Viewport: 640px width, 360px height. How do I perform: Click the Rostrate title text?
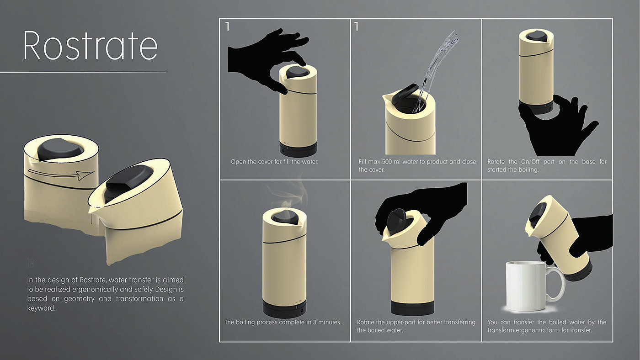coord(91,46)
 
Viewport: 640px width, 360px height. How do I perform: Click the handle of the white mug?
coord(557,284)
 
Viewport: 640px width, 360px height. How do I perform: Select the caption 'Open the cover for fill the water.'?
coord(275,162)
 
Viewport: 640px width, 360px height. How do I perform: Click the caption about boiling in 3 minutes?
coord(283,323)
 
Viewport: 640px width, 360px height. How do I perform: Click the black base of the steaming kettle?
coord(284,308)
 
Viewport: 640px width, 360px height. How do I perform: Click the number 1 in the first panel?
coord(228,26)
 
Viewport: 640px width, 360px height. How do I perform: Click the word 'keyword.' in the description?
coord(41,308)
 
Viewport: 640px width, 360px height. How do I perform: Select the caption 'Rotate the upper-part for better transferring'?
coord(416,323)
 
